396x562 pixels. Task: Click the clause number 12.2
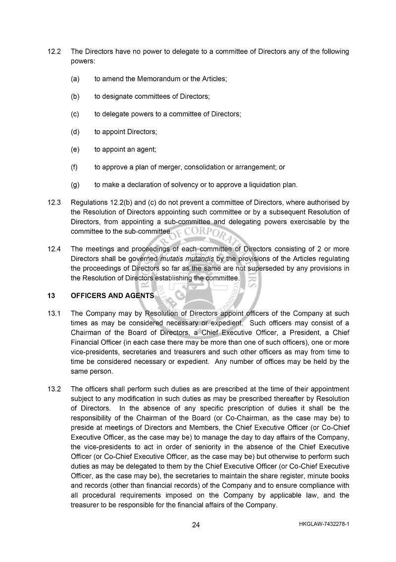pos(54,51)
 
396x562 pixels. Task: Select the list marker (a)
pos(75,79)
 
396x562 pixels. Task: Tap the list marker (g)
pos(75,185)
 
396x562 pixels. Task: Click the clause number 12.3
pos(54,203)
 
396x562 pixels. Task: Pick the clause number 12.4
pos(54,249)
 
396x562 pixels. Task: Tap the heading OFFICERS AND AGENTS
pos(112,296)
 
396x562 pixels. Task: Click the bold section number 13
pos(51,296)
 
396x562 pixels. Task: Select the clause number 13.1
pos(54,313)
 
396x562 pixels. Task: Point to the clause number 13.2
pos(54,389)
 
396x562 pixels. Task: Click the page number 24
pos(196,525)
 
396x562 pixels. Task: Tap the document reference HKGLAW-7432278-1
pos(324,523)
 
